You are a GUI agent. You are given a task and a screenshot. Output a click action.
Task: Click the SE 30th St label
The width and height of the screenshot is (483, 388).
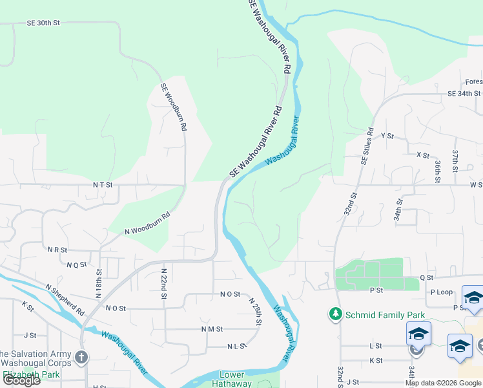click(x=43, y=23)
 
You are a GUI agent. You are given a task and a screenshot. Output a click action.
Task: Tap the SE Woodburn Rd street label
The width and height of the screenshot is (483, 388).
click(x=174, y=107)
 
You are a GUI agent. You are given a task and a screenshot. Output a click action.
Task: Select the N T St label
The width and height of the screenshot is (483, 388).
click(x=103, y=184)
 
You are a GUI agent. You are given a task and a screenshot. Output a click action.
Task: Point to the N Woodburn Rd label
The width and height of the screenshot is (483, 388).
click(x=147, y=222)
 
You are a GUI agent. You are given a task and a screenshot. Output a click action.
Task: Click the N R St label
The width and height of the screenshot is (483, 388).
click(x=57, y=249)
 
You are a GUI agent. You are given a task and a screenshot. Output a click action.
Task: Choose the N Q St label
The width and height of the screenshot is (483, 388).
click(x=76, y=264)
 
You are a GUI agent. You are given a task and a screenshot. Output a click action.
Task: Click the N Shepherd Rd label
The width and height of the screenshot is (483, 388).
click(x=65, y=299)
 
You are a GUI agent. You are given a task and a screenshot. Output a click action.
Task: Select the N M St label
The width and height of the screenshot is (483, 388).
click(x=211, y=329)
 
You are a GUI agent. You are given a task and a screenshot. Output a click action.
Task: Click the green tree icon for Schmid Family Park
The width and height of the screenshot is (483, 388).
click(x=335, y=315)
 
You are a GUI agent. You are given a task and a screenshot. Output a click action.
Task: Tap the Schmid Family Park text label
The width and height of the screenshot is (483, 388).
click(x=385, y=315)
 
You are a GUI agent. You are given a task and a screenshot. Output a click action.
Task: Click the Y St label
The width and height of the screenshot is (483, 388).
click(x=387, y=136)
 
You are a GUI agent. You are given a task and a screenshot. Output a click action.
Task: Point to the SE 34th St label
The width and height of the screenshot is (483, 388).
click(x=464, y=93)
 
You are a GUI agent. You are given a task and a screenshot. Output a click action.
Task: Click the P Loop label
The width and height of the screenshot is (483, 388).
click(x=441, y=292)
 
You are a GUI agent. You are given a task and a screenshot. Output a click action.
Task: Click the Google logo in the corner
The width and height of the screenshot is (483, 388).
click(x=21, y=380)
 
